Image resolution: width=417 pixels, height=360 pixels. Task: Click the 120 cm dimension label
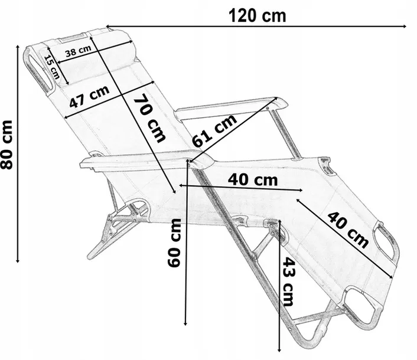click(257, 15)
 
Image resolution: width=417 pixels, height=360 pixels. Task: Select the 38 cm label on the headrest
click(78, 51)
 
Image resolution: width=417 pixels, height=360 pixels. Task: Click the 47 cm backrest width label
click(89, 96)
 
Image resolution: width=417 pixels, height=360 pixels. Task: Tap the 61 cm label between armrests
click(214, 130)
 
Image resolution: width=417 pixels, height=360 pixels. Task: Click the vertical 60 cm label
click(174, 243)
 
